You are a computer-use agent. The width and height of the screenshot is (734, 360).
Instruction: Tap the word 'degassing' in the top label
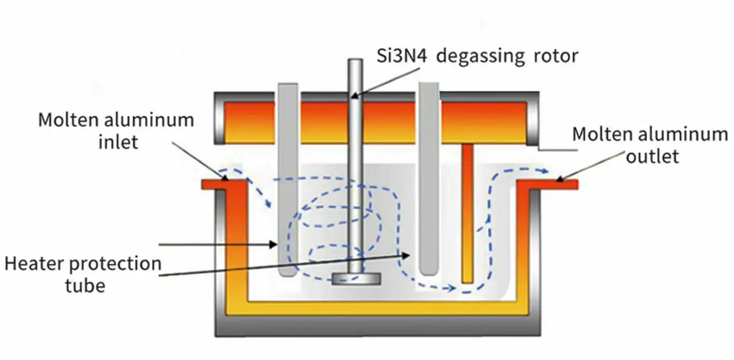(x=477, y=55)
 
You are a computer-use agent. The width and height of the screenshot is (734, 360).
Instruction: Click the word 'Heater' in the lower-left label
(x=43, y=264)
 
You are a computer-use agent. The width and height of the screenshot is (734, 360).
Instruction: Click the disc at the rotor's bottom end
(x=357, y=278)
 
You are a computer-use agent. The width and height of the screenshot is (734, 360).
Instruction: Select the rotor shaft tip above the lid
(x=356, y=63)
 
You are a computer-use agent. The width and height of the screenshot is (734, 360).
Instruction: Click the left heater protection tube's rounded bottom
(x=287, y=273)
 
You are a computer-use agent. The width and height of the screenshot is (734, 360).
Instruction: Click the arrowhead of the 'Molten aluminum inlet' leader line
(x=225, y=178)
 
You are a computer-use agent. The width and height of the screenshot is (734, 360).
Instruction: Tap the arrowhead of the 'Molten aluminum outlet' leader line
(x=557, y=181)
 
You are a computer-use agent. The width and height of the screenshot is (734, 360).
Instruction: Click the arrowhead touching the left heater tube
(x=274, y=244)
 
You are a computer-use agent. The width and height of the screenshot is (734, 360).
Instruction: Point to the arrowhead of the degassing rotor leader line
(x=354, y=95)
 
